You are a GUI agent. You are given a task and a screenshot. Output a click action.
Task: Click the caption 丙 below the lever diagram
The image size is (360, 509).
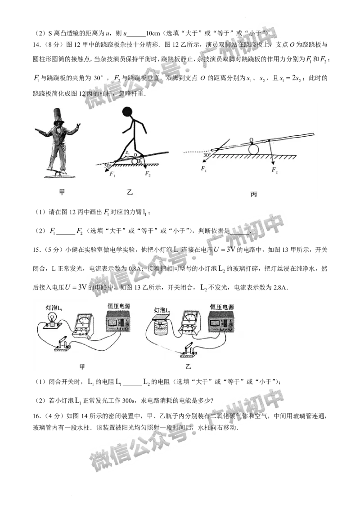pyautogui.click(x=254, y=194)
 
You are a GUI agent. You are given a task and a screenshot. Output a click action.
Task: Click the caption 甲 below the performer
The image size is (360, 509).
pyautogui.click(x=62, y=192)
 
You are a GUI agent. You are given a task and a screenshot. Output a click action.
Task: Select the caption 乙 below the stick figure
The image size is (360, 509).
pyautogui.click(x=130, y=192)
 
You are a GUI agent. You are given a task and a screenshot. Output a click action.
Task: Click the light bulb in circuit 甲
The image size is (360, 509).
pyautogui.click(x=52, y=321)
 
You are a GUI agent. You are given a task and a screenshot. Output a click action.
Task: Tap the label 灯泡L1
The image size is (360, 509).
pyautogui.click(x=54, y=308)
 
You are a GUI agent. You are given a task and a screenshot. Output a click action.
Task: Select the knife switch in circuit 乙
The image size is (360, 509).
pyautogui.click(x=191, y=349)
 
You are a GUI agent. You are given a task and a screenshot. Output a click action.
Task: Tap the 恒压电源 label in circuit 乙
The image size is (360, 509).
pyautogui.click(x=221, y=307)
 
